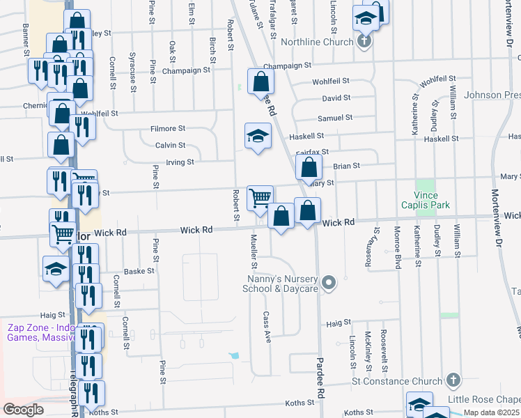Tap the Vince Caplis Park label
pos(426,199)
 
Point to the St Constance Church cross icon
pos(453,380)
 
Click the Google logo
pos(23,410)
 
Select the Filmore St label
pos(169,129)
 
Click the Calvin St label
pos(170,146)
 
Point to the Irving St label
pos(179,162)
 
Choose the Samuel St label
pos(335,118)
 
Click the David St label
pos(336,99)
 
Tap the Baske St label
pos(133,272)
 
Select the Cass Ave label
pos(267,323)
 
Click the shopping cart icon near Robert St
pos(260,197)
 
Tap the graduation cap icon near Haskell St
pos(258,135)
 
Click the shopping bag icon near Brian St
pos(309,167)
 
